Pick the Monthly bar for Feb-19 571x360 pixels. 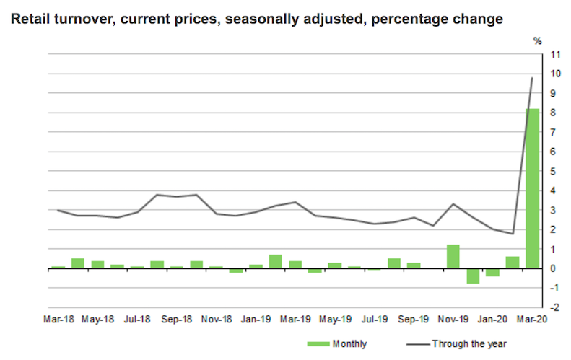(x=275, y=261)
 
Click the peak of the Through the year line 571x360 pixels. (x=532, y=78)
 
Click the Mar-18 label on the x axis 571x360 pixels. (x=58, y=319)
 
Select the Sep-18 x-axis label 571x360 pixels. (x=176, y=319)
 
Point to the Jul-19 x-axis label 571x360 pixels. (x=374, y=319)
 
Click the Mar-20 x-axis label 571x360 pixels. (x=532, y=319)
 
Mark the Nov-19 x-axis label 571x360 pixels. (x=453, y=319)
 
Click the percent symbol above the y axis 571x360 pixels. (x=537, y=41)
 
